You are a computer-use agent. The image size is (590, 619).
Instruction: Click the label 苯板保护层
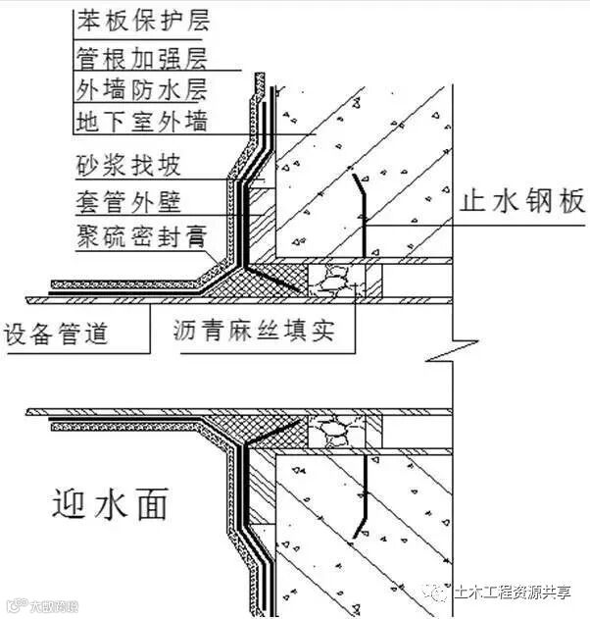click(142, 20)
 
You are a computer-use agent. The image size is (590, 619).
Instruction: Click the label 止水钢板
click(522, 202)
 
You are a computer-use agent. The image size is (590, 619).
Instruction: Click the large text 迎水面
click(109, 504)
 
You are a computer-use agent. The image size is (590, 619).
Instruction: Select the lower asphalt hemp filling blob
click(334, 430)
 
